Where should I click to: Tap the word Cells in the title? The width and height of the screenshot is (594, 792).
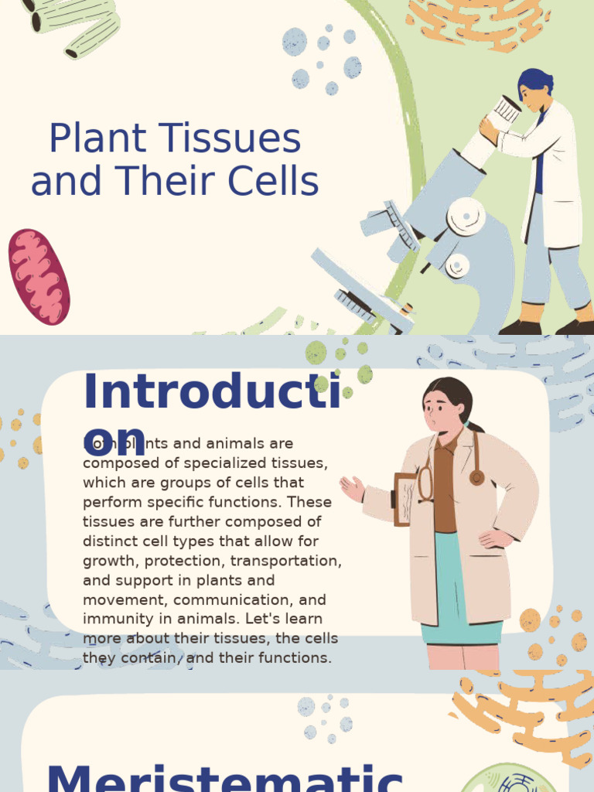278,183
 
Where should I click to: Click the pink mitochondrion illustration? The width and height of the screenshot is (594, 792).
39,276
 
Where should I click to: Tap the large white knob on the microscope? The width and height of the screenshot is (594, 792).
466,216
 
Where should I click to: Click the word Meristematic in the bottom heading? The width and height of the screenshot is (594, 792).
224,777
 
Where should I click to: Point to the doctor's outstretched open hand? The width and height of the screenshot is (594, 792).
351,488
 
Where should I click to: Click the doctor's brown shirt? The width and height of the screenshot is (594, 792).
445,487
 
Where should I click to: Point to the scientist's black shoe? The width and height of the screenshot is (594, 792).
519,327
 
